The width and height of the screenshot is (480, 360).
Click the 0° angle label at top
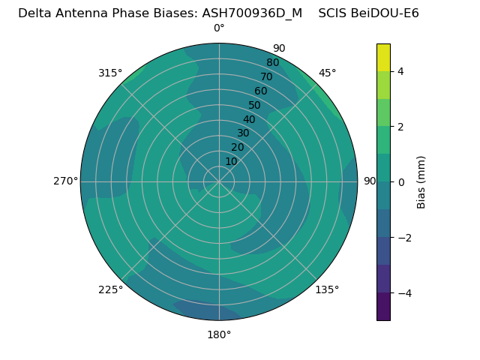219,28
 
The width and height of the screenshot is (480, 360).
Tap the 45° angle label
327,73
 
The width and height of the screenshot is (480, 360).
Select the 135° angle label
327,289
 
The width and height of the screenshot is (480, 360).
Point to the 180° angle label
219,334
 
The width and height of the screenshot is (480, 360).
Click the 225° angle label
110,289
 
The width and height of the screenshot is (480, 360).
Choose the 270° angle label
65,181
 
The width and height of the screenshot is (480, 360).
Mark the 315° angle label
110,73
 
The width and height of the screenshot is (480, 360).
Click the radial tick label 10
231,161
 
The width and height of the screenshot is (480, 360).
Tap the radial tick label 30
243,133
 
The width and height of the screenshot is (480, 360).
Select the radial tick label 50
255,105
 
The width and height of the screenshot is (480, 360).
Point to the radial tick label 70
266,76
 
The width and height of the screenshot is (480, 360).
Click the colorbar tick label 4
400,71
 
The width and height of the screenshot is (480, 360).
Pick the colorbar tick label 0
400,182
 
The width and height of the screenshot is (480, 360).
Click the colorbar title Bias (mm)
421,182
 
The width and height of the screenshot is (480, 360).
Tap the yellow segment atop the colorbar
383,57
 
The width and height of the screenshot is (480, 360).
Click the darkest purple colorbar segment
383,307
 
